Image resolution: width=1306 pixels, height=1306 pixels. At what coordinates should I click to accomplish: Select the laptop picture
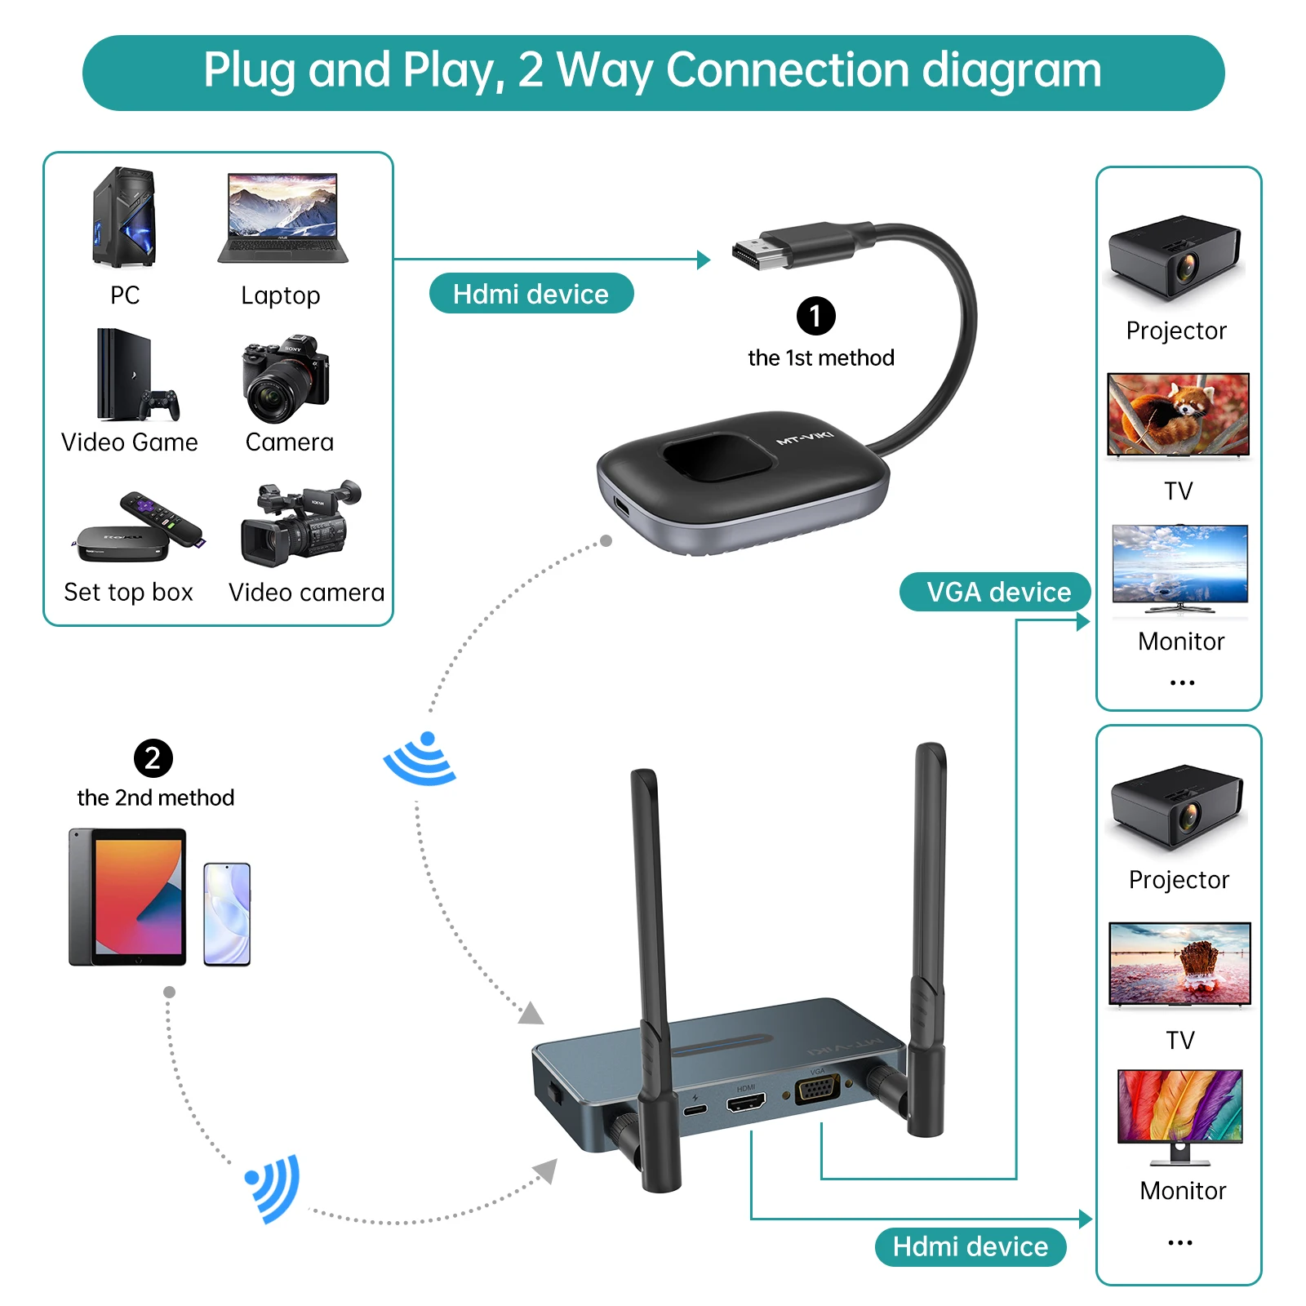point(282,217)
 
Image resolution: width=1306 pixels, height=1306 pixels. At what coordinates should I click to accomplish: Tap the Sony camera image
point(285,379)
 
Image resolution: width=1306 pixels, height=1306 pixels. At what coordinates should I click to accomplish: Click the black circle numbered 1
point(815,316)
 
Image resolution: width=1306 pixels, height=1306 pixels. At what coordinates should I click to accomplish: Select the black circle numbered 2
point(153,758)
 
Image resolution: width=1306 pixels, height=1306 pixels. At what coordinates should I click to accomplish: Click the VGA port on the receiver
point(817,1091)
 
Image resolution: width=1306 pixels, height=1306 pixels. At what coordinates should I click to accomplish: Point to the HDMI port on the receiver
point(746,1104)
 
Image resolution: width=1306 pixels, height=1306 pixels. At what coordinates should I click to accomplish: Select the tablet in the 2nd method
point(128,897)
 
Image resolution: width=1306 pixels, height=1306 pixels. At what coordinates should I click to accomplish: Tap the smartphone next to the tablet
point(227,914)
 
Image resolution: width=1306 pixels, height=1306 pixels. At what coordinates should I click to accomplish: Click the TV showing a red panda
point(1178,414)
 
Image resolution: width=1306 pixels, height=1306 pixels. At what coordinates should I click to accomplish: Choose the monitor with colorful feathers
point(1179,1108)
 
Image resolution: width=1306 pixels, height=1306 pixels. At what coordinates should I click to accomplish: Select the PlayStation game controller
point(159,403)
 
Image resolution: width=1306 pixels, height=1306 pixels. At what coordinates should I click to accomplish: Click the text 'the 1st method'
point(820,358)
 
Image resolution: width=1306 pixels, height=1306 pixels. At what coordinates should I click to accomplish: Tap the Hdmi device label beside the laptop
point(531,294)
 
